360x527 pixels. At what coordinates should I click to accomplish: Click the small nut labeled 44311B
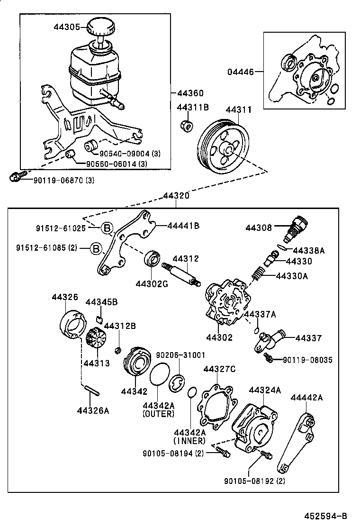(187, 126)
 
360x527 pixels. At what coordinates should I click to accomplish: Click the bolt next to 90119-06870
(15, 178)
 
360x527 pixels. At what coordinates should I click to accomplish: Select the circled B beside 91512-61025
(108, 228)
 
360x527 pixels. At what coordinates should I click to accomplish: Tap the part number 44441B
(183, 226)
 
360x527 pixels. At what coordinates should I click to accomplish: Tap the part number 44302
(219, 337)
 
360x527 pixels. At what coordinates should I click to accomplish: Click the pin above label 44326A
(91, 390)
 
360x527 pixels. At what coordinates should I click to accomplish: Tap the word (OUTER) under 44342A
(158, 414)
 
